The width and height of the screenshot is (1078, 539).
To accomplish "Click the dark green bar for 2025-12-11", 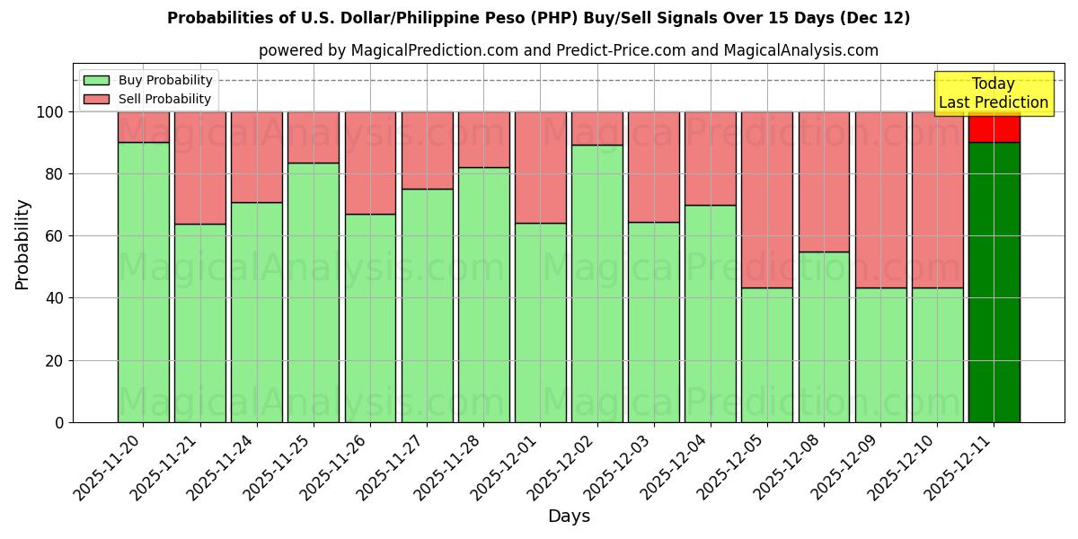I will point(994,282).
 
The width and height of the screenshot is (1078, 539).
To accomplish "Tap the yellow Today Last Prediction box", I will point(993,93).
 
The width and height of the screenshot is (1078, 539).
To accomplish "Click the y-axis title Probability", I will point(22,244).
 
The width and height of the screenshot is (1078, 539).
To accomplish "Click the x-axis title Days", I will point(569,517).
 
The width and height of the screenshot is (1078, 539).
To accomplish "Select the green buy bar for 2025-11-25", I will point(314,292).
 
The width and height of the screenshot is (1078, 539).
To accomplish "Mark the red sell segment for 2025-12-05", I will point(767,199).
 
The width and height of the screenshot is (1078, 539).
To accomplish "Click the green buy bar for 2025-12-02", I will point(597,283).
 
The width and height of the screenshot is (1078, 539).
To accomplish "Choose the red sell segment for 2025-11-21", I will point(200,168).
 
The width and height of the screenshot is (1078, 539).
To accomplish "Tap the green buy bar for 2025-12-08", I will point(824,337).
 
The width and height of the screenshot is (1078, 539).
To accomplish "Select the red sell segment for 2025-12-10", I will point(937,199).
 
